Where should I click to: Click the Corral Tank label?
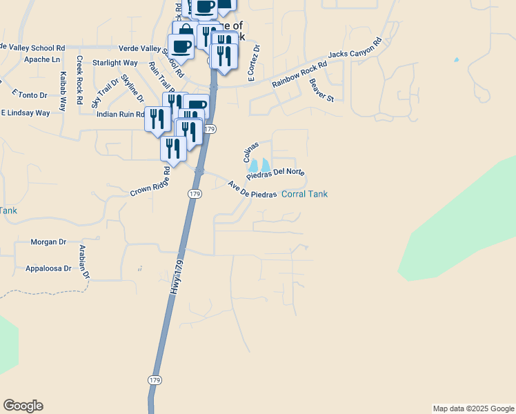pyautogui.click(x=304, y=194)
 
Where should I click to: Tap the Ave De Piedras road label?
pyautogui.click(x=252, y=190)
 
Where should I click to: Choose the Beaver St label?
pyautogui.click(x=321, y=90)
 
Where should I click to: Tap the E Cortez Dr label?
pyautogui.click(x=254, y=63)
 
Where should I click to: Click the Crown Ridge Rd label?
pyautogui.click(x=150, y=181)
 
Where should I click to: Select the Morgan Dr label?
pyautogui.click(x=48, y=242)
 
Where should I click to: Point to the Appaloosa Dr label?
pyautogui.click(x=48, y=268)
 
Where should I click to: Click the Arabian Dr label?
pyautogui.click(x=84, y=262)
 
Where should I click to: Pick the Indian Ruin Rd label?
pyautogui.click(x=120, y=115)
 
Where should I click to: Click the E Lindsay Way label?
pyautogui.click(x=26, y=112)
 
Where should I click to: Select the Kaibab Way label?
pyautogui.click(x=63, y=91)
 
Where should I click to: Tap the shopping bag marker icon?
pyautogui.click(x=186, y=32)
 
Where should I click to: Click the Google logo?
pyautogui.click(x=23, y=406)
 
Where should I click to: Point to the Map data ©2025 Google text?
pyautogui.click(x=473, y=408)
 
